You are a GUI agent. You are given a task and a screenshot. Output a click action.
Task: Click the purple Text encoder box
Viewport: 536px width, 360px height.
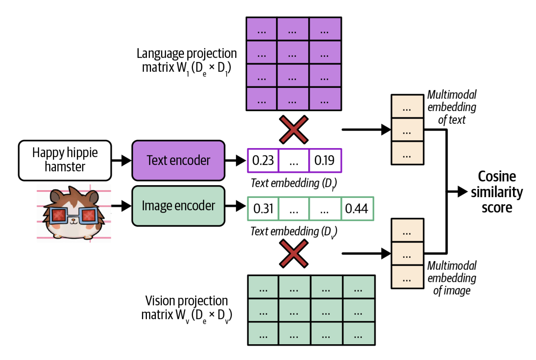[x=178, y=160]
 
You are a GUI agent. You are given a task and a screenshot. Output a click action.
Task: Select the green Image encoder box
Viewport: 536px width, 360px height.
[x=178, y=206]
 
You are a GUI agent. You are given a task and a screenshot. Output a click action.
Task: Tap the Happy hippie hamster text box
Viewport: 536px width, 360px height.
[x=65, y=160]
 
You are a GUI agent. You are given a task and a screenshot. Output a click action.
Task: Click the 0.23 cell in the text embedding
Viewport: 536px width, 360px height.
[x=263, y=160]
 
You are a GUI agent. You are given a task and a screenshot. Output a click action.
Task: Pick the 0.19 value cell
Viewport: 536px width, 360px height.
[x=325, y=160]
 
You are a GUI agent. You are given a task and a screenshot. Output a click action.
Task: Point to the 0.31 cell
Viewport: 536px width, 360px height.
[x=263, y=208]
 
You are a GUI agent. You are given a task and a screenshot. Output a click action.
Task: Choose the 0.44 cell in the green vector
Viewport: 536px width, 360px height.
[x=357, y=208]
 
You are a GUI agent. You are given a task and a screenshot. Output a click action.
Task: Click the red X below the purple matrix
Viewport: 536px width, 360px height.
[x=294, y=130]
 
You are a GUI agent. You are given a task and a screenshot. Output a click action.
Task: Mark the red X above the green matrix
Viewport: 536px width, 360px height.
[x=294, y=253]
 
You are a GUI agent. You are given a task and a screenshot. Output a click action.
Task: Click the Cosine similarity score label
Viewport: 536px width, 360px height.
[x=497, y=192]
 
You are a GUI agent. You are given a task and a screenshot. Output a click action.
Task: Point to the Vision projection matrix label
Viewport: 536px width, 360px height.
[x=186, y=308]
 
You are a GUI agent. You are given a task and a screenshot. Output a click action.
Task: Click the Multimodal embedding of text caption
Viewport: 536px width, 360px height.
[x=452, y=107]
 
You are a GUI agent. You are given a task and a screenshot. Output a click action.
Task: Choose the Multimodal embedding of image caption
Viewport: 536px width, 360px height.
[x=452, y=278]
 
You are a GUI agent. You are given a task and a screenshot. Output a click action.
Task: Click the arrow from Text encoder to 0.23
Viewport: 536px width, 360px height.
[x=236, y=160]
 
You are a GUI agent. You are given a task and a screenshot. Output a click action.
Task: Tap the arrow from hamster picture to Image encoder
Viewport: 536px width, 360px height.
[x=121, y=206]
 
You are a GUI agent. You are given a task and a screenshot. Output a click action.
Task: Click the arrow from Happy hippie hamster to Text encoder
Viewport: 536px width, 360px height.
[x=122, y=160]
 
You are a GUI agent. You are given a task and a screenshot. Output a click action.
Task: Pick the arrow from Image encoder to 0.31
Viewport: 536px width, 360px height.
[x=236, y=206]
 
